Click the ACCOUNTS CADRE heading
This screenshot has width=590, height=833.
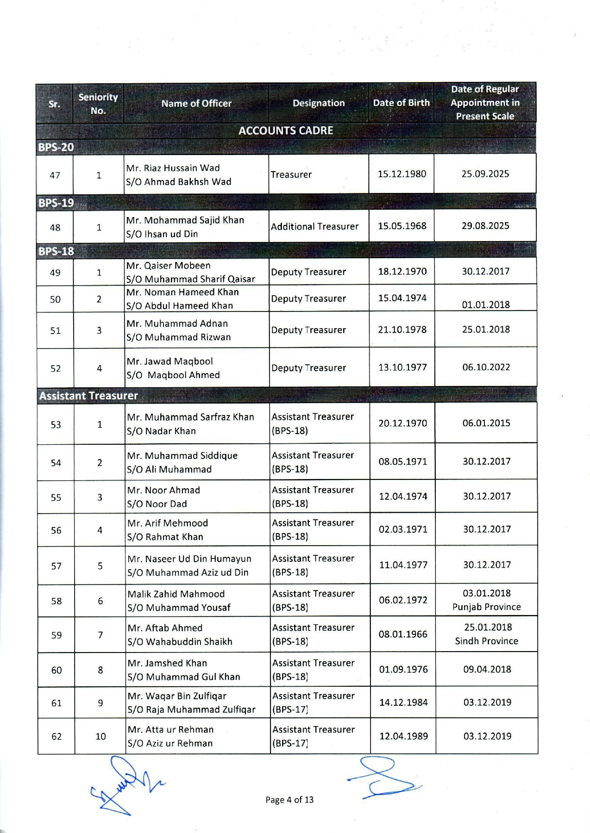tap(286, 131)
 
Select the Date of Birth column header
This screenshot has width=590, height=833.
tap(402, 103)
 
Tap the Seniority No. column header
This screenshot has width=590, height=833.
tap(98, 104)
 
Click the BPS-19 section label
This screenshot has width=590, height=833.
tap(56, 203)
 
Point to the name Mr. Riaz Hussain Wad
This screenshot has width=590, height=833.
tap(173, 168)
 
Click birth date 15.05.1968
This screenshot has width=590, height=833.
tap(402, 226)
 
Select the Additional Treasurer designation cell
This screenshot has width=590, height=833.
tap(315, 226)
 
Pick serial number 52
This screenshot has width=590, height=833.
tap(56, 368)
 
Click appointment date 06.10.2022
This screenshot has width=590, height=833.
tap(486, 367)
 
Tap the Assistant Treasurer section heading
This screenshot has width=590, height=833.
tap(88, 396)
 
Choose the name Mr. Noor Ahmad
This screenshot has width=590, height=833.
tap(164, 490)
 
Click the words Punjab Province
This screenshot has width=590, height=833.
tap(487, 607)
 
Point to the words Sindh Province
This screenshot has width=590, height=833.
tap(487, 641)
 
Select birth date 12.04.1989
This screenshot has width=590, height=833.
tap(403, 736)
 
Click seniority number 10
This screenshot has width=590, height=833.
tap(100, 736)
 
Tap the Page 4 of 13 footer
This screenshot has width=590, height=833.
tap(289, 800)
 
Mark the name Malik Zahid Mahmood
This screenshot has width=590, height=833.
tap(176, 594)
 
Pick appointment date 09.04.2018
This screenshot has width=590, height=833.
tap(487, 669)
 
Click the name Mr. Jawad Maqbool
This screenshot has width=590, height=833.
tap(170, 361)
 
